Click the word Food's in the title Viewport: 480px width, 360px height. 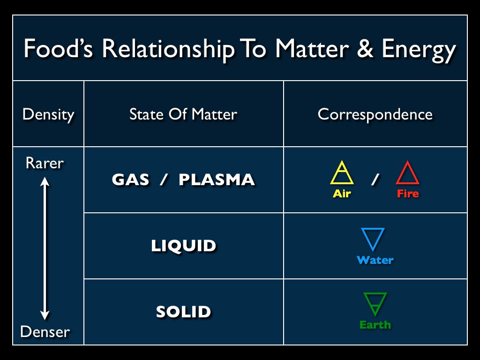tap(58, 48)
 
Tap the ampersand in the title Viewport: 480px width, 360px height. tap(365, 48)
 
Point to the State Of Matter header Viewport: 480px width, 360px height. tap(183, 114)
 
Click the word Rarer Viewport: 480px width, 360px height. tap(45, 163)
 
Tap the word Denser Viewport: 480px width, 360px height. tap(45, 331)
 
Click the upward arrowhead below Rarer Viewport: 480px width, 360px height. tap(45, 181)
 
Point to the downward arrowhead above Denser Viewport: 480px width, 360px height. tap(45, 315)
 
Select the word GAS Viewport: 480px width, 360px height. tap(130, 180)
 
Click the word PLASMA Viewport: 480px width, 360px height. tap(217, 180)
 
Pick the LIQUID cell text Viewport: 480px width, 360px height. tap(183, 246)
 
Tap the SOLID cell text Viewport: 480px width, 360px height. tap(183, 312)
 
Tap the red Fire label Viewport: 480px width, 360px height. tap(408, 194)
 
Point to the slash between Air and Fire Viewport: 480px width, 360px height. tap(375, 179)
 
